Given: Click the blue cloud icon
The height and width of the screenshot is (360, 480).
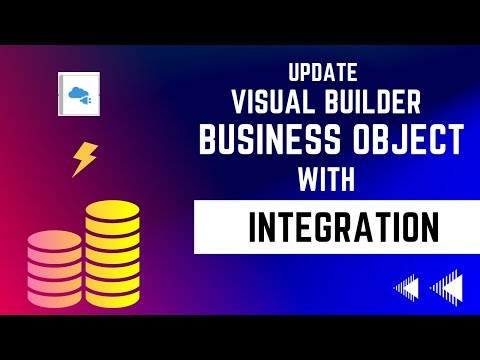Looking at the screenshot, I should point(78,95).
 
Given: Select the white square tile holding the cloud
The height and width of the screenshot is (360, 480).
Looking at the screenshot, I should point(79,96).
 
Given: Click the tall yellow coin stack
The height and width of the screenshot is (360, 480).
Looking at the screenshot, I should point(112,254).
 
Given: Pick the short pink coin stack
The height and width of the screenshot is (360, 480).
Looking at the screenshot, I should point(55,268).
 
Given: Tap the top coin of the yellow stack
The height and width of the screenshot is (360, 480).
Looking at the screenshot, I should point(112,211).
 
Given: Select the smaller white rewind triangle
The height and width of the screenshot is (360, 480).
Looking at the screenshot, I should point(407,289).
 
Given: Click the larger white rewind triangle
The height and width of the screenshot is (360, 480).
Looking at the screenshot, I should point(448,288).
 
